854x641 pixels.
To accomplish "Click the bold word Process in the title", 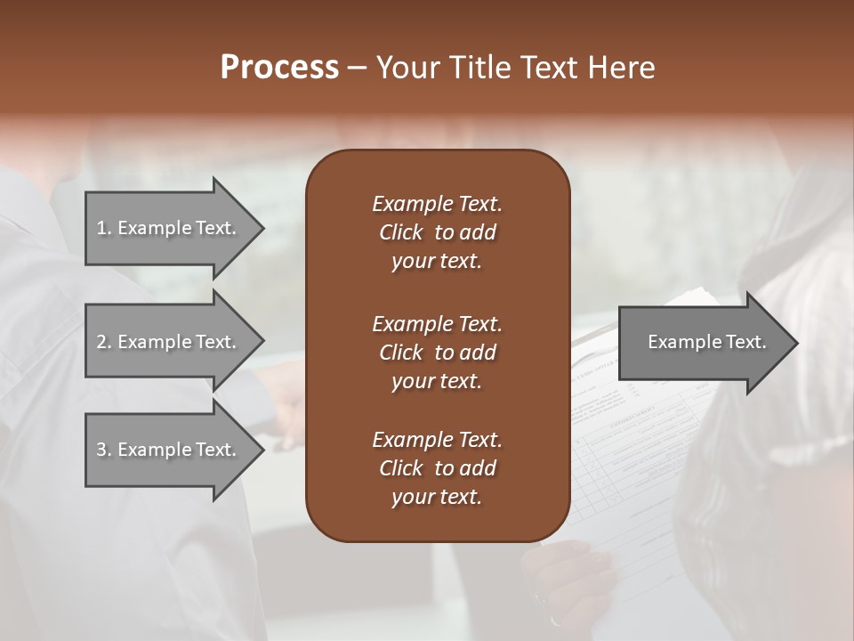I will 279,68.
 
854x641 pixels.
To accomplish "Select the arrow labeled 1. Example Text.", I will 169,228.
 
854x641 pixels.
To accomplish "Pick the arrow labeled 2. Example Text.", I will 169,342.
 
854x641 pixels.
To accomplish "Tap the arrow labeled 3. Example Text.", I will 169,450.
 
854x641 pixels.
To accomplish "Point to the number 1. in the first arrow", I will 104,228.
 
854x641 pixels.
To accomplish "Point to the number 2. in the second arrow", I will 104,342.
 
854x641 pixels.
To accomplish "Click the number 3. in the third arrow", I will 104,450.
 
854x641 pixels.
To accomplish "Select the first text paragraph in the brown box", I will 437,232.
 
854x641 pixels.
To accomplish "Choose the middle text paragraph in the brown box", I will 437,352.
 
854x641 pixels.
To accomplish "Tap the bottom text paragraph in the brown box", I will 437,468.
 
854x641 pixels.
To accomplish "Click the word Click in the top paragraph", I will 400,232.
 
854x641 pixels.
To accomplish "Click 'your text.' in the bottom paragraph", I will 437,498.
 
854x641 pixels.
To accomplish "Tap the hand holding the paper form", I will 569,579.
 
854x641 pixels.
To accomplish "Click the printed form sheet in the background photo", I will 640,445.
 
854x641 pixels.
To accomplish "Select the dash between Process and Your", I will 358,68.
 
